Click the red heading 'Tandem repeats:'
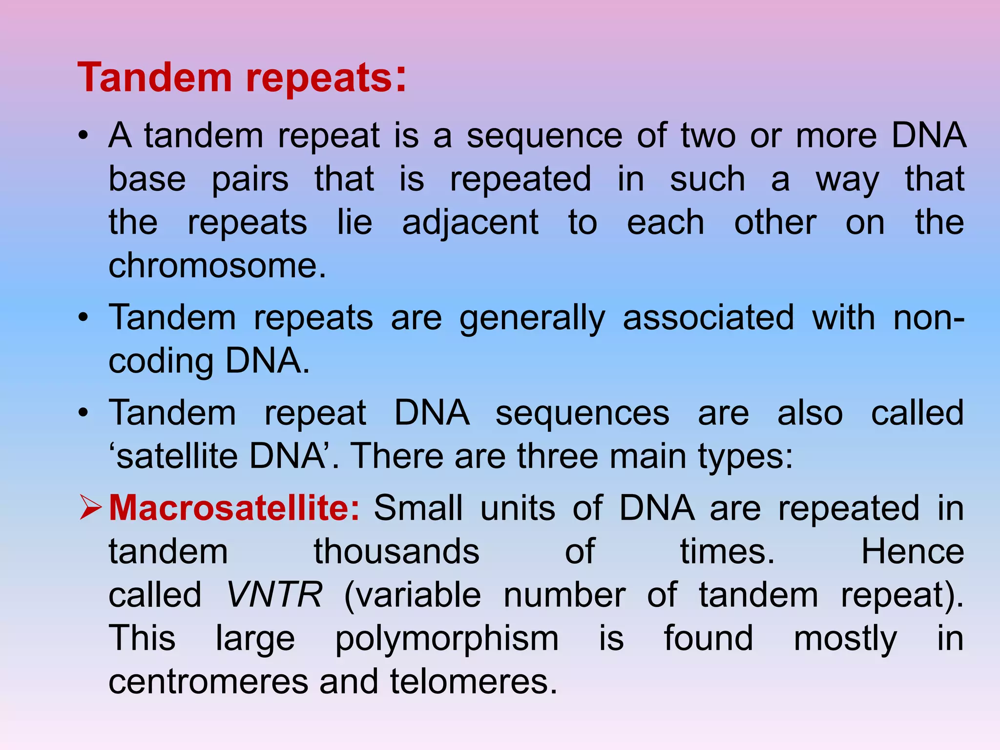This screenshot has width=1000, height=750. [242, 78]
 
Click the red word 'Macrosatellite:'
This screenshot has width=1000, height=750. [234, 508]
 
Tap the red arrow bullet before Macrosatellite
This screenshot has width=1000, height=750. [90, 508]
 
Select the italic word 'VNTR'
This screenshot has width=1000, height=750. [274, 595]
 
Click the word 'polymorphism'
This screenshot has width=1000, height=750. [447, 639]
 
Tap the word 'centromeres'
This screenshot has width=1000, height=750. [208, 682]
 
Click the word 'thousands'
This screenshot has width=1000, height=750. [396, 552]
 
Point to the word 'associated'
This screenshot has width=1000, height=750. [708, 318]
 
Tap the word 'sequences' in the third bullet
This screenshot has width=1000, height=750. [582, 414]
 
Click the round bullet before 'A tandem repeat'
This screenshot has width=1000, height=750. [83, 136]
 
